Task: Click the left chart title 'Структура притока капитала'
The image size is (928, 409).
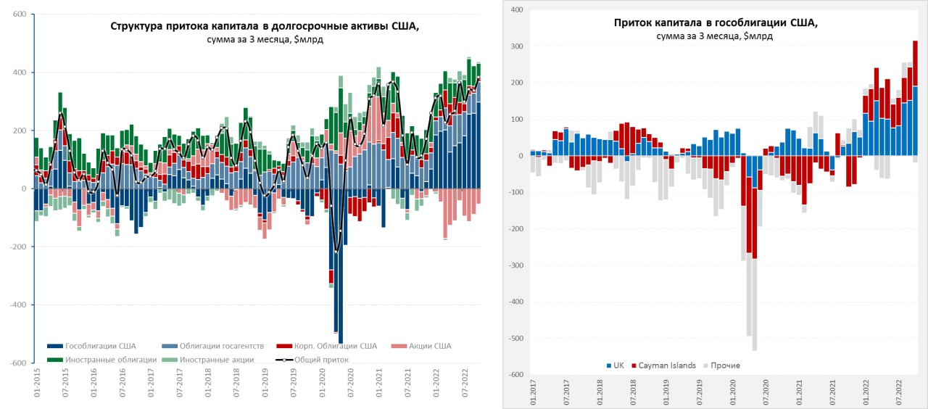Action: pos(265,27)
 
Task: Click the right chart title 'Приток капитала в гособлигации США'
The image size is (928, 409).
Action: pos(716,22)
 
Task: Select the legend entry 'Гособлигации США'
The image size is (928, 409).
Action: pos(100,346)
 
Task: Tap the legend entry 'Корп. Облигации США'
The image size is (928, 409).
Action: pos(333,346)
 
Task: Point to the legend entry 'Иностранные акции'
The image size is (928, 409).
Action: pos(217,359)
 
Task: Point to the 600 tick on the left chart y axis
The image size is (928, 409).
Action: pos(20,15)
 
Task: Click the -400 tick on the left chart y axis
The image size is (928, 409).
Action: pos(18,305)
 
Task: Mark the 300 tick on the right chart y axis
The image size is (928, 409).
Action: pos(516,46)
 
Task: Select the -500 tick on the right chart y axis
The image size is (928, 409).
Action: pos(515,339)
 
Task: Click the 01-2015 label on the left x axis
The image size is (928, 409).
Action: pos(36,384)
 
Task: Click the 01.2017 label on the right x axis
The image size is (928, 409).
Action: pos(533,392)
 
